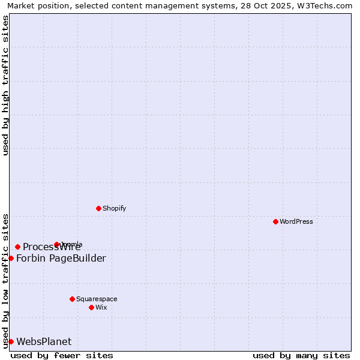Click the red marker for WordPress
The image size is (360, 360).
[x=275, y=221]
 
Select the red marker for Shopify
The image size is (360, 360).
[x=98, y=208]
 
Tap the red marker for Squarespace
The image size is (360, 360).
[x=72, y=299]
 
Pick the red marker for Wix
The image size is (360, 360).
[x=91, y=307]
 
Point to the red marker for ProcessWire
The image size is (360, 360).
[x=17, y=247]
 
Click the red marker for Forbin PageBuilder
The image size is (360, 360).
[x=11, y=258]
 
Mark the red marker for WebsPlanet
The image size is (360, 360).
[x=11, y=341]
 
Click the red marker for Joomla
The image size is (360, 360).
[x=56, y=244]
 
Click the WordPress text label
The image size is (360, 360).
[x=296, y=221]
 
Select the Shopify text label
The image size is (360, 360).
[x=114, y=208]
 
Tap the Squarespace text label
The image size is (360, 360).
[x=97, y=299]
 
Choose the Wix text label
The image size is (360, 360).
[x=101, y=307]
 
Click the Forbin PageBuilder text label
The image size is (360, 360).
[x=61, y=258]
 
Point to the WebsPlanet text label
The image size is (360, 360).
[x=44, y=341]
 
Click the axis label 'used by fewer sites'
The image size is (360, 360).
[x=62, y=355]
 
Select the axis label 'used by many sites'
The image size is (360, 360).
[x=301, y=355]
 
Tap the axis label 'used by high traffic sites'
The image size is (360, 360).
[x=5, y=85]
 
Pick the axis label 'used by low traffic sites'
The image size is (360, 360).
[x=5, y=281]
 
